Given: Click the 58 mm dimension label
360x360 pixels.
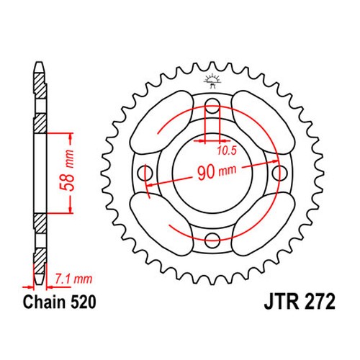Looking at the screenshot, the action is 67,171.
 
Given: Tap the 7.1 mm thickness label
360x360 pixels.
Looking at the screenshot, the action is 73,279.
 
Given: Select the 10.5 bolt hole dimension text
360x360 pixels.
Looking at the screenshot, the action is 227,150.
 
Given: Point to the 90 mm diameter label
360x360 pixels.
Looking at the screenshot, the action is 217,171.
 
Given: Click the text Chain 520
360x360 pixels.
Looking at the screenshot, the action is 59,302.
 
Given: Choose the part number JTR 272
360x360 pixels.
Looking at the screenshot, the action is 300,302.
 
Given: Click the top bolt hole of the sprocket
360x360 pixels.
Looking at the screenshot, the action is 212,106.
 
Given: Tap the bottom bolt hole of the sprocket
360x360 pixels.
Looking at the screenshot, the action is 212,240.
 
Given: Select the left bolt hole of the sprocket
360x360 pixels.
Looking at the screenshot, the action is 145,173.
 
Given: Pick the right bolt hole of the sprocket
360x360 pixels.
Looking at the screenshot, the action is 279,173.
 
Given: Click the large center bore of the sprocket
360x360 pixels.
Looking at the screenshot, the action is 212,173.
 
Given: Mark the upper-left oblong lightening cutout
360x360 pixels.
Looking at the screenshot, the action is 161,122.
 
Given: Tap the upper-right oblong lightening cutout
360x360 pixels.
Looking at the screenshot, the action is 264,122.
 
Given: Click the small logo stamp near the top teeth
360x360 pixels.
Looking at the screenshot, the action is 212,81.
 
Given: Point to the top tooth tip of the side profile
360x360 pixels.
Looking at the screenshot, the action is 40,63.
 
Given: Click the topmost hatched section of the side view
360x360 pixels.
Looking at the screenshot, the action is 39,86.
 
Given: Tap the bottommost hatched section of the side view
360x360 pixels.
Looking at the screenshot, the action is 39,261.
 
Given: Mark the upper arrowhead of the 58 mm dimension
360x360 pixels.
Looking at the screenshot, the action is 71,136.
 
